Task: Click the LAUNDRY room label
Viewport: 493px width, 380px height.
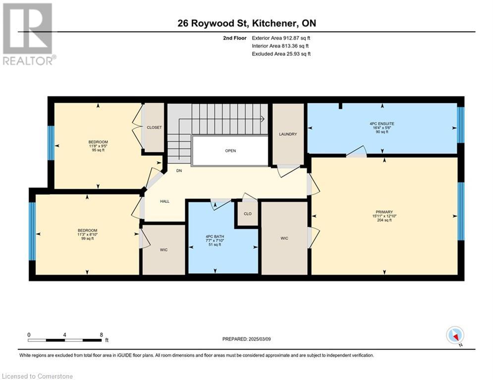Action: click(288, 134)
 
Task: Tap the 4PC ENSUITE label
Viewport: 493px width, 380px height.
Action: click(382, 124)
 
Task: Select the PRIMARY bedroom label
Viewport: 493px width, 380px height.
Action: click(384, 212)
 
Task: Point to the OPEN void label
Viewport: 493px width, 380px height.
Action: click(230, 151)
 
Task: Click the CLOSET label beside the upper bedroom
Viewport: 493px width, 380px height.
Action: click(154, 128)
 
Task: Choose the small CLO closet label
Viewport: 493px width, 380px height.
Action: click(248, 214)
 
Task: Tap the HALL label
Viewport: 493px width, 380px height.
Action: click(165, 201)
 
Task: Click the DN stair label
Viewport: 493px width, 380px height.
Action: click(179, 171)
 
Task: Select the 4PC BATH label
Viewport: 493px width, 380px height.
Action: click(215, 237)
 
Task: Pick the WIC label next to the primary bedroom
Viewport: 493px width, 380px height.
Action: click(284, 238)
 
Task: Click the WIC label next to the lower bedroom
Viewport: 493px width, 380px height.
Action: click(164, 250)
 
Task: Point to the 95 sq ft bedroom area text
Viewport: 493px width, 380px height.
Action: click(99, 150)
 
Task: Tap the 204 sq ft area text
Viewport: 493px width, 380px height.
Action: click(384, 220)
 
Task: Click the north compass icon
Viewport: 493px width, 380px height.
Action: click(455, 335)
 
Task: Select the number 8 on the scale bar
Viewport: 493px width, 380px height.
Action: click(101, 335)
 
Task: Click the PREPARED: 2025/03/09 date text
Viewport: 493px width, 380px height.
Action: click(247, 339)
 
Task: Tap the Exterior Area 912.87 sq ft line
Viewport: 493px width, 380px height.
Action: click(281, 38)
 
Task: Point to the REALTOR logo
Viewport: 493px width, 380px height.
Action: click(28, 34)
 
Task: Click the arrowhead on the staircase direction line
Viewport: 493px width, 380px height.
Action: click(262, 119)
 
